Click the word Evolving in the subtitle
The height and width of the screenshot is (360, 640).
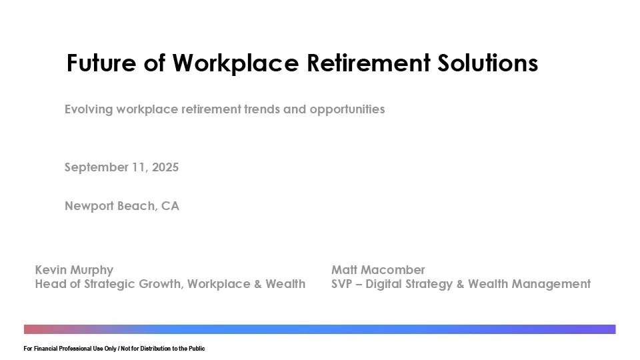(x=89, y=109)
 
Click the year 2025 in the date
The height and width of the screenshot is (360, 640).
(x=165, y=167)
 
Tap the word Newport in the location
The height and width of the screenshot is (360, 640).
(x=89, y=206)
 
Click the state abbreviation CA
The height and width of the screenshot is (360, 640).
(x=170, y=206)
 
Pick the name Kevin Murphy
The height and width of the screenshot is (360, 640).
(x=74, y=270)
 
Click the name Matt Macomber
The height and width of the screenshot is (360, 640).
(x=378, y=270)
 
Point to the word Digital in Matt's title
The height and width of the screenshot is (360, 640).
(x=389, y=284)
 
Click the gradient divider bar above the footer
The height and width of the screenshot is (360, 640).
(x=320, y=329)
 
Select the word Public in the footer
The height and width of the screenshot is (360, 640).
(x=196, y=349)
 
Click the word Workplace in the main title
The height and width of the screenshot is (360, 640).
(x=235, y=63)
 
